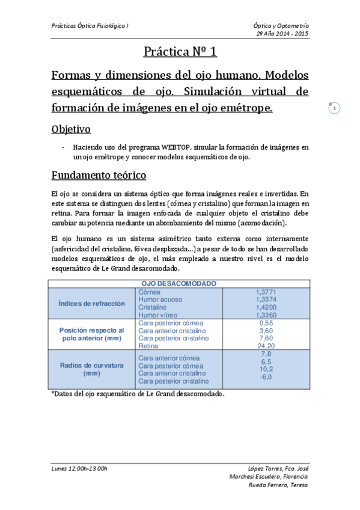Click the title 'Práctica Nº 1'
click(x=180, y=52)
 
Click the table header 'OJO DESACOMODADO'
click(x=179, y=283)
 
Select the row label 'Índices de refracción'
click(x=92, y=303)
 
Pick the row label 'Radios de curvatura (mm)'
click(x=92, y=369)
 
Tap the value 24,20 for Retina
click(x=265, y=346)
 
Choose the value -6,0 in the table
click(x=265, y=377)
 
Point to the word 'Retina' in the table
click(x=148, y=346)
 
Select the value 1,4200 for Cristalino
click(x=265, y=307)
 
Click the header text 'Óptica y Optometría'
click(x=281, y=26)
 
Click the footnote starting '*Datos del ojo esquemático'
click(x=138, y=394)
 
